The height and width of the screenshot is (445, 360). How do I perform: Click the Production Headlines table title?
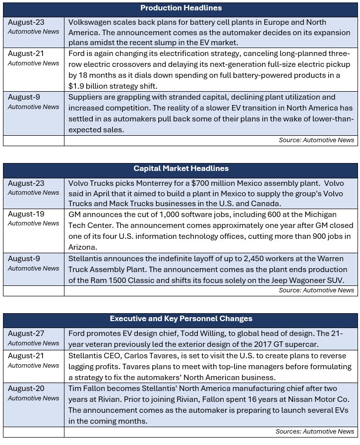(181, 8)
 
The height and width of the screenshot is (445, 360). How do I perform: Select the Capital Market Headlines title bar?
(181, 168)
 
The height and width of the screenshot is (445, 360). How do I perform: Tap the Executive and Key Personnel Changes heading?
(181, 319)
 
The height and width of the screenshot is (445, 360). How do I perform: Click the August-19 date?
(26, 214)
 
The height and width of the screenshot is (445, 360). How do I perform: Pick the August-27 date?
(26, 334)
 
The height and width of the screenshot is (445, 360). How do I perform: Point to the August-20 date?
(26, 389)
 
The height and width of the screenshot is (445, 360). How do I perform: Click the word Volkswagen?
(90, 22)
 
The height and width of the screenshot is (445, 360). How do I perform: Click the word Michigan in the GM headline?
(318, 214)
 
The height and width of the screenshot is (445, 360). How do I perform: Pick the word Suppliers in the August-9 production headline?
(86, 97)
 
